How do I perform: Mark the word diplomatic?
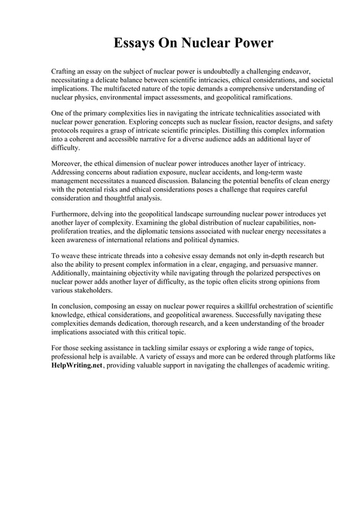(174, 231)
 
